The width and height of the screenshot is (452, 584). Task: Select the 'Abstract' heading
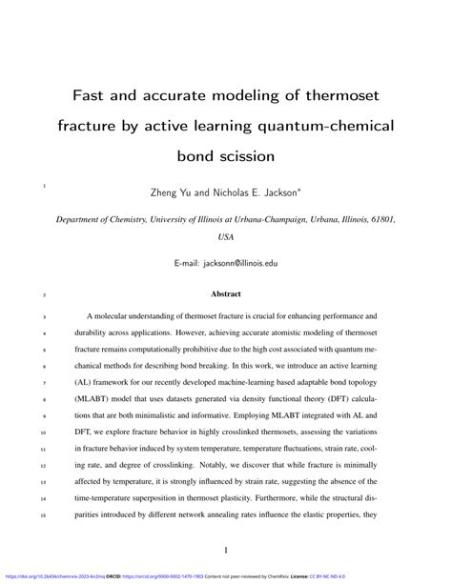tap(226, 294)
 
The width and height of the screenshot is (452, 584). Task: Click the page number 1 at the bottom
tap(226, 551)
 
